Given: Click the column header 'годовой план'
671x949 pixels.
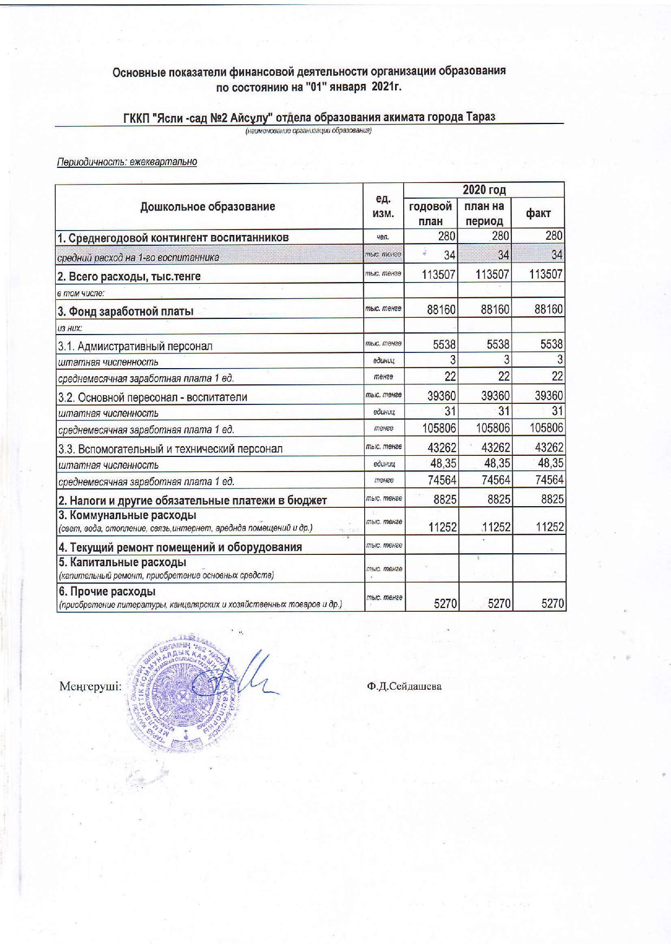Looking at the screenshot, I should pyautogui.click(x=431, y=213).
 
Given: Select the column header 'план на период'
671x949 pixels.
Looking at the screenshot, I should pyautogui.click(x=484, y=213).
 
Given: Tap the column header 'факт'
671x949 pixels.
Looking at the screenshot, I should pyautogui.click(x=538, y=213).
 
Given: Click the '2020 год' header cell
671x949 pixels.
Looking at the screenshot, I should pyautogui.click(x=484, y=190).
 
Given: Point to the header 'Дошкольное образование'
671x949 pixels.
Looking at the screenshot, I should pyautogui.click(x=208, y=206).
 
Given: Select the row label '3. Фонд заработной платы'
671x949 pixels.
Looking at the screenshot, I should pyautogui.click(x=126, y=311).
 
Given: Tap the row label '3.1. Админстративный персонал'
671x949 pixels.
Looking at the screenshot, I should pyautogui.click(x=135, y=346).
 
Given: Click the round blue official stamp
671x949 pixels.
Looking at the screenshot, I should pyautogui.click(x=178, y=690).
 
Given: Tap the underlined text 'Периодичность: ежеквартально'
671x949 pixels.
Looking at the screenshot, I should pyautogui.click(x=127, y=162).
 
